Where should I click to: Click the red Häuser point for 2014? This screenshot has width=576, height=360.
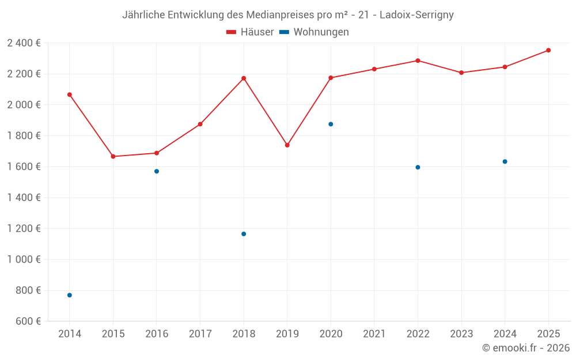tap(70, 94)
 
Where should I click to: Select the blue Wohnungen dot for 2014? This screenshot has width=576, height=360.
tap(70, 295)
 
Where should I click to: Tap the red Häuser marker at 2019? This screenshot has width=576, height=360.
tap(287, 145)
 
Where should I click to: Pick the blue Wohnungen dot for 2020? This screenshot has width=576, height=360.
tap(331, 124)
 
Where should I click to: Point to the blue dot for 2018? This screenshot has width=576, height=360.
tap(244, 234)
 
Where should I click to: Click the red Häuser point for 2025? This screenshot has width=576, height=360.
tap(548, 50)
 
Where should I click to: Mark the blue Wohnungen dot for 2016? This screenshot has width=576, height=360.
tap(157, 171)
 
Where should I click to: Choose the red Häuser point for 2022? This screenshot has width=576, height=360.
tap(418, 60)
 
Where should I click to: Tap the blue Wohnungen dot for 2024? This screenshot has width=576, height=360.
tap(505, 161)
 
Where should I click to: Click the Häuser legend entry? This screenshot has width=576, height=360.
tap(250, 32)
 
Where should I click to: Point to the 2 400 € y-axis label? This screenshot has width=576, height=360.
tap(24, 43)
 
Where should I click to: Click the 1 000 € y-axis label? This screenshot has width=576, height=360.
tap(24, 259)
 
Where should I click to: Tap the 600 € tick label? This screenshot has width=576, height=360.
tap(27, 321)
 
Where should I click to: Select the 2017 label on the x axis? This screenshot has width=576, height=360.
tap(200, 334)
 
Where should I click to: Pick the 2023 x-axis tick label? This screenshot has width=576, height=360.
tap(461, 334)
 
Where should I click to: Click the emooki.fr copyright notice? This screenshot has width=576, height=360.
tap(526, 348)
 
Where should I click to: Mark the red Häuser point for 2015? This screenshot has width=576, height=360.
tap(113, 157)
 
